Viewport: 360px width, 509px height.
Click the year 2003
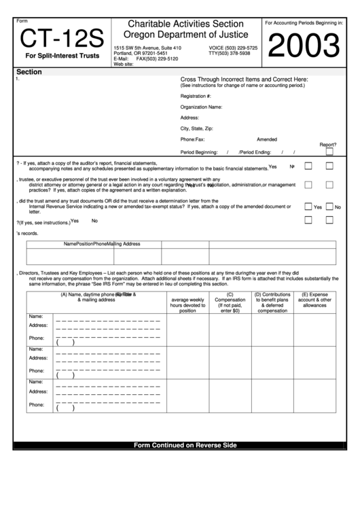pos(305,46)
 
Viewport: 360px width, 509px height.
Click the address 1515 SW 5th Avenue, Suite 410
pos(147,48)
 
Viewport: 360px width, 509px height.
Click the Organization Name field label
pos(201,107)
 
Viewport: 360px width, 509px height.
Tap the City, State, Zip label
pos(197,128)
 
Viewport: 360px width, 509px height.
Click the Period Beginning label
pos(199,152)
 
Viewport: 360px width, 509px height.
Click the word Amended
pos(267,139)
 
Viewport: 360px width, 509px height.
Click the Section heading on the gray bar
pos(29,71)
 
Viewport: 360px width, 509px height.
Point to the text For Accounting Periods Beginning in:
pos(304,23)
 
